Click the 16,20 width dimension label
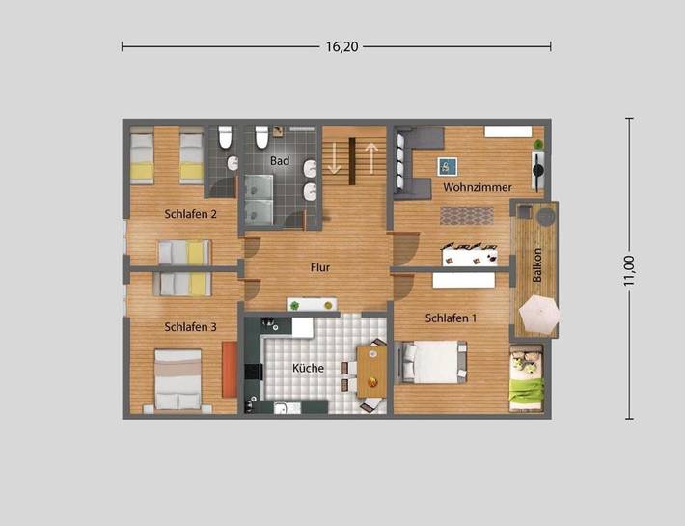pyautogui.click(x=336, y=45)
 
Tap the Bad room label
pyautogui.click(x=280, y=160)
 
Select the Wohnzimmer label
pyautogui.click(x=477, y=187)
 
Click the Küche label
pyautogui.click(x=308, y=369)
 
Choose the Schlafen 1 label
pyautogui.click(x=451, y=318)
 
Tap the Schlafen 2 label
pyautogui.click(x=190, y=214)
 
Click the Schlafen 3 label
pyautogui.click(x=190, y=327)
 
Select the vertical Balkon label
pyautogui.click(x=537, y=265)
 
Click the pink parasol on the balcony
pyautogui.click(x=538, y=313)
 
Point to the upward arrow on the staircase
pyautogui.click(x=370, y=156)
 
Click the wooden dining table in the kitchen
pyautogui.click(x=371, y=371)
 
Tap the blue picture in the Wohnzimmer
pyautogui.click(x=447, y=165)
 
